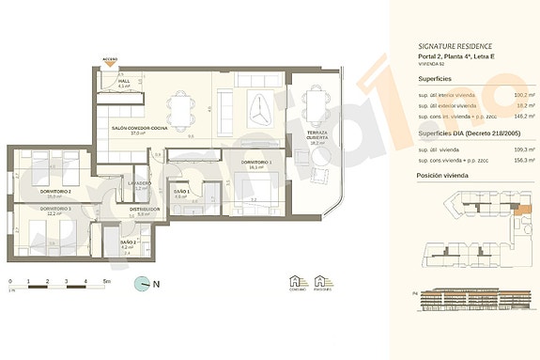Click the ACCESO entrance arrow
[111, 63]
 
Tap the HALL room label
[124, 81]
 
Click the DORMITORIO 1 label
[256, 163]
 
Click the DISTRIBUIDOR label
[145, 210]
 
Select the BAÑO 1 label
[181, 193]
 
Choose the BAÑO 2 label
[129, 243]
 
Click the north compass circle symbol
[142, 282]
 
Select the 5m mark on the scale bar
[106, 280]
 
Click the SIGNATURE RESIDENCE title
[455, 45]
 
